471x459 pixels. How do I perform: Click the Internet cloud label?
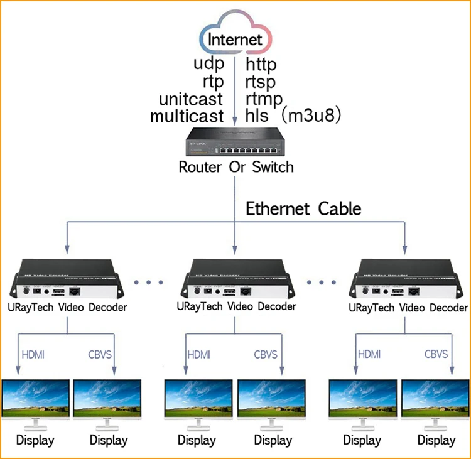coord(235,40)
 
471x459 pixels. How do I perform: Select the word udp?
coord(208,63)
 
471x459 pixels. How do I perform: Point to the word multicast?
coord(187,116)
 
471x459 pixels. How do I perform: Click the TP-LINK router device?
coord(236,142)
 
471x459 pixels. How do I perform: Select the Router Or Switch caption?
coord(236,167)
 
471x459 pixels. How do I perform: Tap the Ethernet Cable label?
coord(303,208)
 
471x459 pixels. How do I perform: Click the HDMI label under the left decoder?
coord(33,354)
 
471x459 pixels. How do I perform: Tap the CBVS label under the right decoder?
coord(436,354)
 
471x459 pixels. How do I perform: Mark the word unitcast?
coord(191,99)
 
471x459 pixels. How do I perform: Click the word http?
coord(261,63)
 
